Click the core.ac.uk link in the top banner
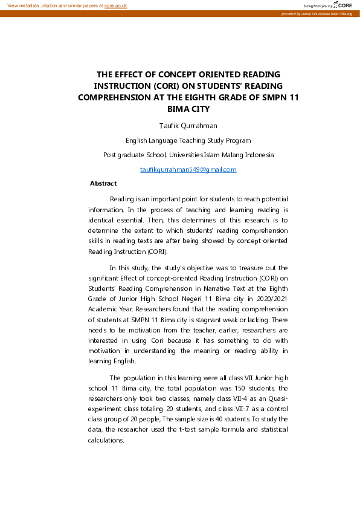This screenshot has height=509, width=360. (x=115, y=5)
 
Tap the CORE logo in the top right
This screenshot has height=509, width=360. (x=342, y=5)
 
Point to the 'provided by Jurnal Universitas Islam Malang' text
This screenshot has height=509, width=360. (x=318, y=13)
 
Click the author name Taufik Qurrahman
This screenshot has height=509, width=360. (x=188, y=126)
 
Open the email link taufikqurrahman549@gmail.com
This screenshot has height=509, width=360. (x=188, y=169)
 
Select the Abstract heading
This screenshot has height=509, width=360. (x=103, y=183)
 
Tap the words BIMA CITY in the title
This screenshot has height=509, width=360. (x=188, y=109)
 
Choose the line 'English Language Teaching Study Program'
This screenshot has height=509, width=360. (x=188, y=140)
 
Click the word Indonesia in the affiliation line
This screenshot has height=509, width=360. (x=257, y=155)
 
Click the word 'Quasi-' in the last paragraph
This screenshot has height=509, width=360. (x=277, y=398)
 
